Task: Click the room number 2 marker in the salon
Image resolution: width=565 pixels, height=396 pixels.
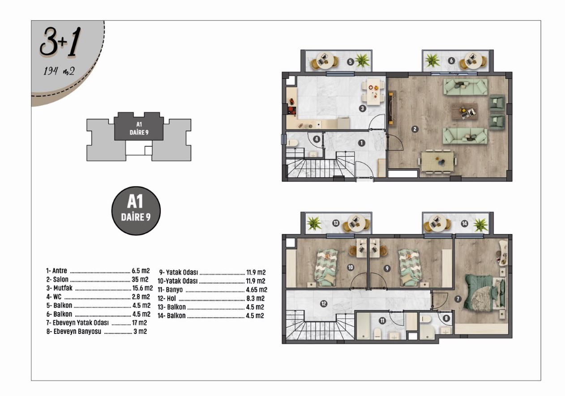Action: click(x=415, y=129)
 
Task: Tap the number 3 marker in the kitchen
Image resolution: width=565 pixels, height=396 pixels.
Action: click(x=363, y=109)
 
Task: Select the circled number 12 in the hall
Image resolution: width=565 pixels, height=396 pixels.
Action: click(x=324, y=304)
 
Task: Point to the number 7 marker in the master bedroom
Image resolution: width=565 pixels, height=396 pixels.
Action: click(x=458, y=299)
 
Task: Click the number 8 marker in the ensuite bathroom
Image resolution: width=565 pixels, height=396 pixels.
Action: click(x=446, y=318)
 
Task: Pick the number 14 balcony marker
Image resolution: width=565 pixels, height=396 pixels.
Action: click(x=464, y=224)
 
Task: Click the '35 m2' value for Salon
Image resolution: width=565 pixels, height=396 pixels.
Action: click(x=140, y=279)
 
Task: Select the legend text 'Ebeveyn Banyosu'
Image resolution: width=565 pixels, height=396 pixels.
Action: click(x=77, y=331)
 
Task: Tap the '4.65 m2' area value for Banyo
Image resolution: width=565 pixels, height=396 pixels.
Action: click(x=257, y=290)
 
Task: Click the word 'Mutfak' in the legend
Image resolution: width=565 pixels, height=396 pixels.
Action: click(x=63, y=288)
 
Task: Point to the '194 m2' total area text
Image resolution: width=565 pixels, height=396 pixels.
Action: click(x=59, y=71)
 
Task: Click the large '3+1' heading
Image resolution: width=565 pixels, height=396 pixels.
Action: click(x=60, y=42)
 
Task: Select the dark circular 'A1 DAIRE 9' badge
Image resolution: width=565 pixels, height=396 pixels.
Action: click(x=136, y=211)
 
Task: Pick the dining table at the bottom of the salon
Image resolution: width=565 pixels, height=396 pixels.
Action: click(x=437, y=162)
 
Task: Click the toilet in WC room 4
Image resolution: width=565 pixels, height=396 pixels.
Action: click(x=292, y=143)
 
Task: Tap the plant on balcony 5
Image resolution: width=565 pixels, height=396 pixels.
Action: click(x=362, y=61)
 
